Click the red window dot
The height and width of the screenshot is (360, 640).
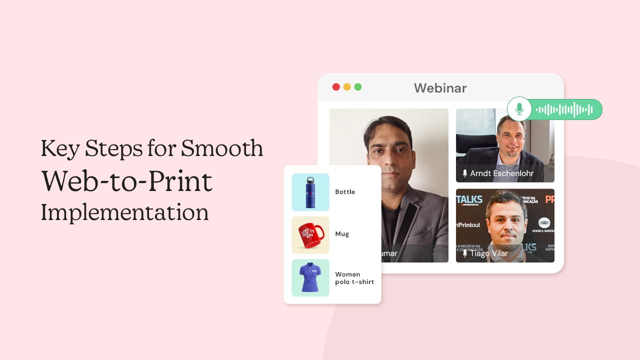tap(336, 87)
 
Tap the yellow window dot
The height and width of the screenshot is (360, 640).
tap(347, 87)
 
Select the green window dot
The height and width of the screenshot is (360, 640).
tap(358, 87)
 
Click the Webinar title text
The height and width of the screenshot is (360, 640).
tap(440, 88)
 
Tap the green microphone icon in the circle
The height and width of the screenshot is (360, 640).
tap(519, 109)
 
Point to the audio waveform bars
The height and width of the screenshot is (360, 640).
tap(564, 109)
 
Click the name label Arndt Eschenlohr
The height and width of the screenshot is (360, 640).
tap(501, 173)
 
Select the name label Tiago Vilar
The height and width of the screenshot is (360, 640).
tap(488, 253)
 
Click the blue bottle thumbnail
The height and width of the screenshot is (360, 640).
tap(310, 192)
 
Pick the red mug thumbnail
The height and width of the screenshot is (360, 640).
tap(310, 235)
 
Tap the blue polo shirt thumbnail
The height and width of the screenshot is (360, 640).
tap(310, 278)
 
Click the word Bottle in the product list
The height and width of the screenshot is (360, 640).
tap(345, 192)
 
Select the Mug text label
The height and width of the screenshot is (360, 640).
tap(342, 234)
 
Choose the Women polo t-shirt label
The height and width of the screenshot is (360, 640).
tap(354, 278)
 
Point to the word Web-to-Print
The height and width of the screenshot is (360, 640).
tap(127, 181)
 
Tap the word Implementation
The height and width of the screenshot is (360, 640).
tap(124, 212)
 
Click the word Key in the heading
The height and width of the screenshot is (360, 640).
tap(59, 149)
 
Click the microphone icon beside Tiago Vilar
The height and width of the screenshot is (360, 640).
tap(465, 253)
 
